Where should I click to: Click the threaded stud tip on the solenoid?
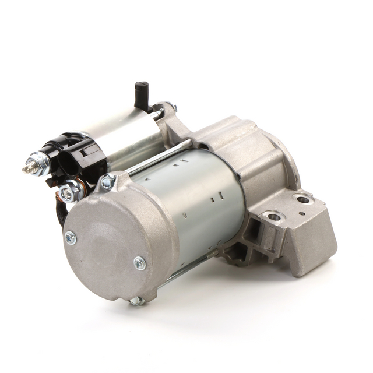[x=27, y=169]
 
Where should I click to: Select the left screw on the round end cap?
[x=70, y=238]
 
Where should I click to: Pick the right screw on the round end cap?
[x=140, y=263]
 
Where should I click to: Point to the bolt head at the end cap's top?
[x=108, y=182]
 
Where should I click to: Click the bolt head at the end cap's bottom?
[x=136, y=301]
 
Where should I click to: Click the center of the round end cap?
[x=111, y=245]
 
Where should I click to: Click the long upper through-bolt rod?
[x=157, y=157]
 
